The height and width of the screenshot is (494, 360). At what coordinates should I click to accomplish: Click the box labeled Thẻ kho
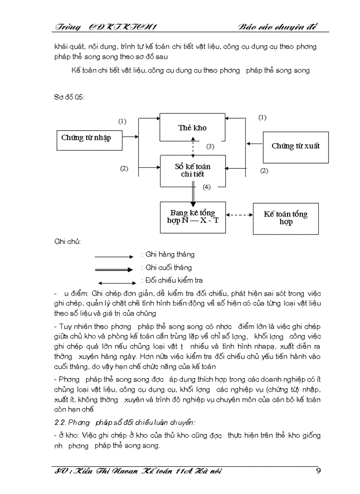(192, 127)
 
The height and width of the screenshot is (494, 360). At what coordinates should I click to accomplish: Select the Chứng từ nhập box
(86, 137)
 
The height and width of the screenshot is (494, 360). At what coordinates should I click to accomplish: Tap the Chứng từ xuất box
(295, 146)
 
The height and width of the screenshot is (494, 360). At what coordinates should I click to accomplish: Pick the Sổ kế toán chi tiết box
(192, 170)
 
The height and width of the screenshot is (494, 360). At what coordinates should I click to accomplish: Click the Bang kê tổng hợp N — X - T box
(192, 217)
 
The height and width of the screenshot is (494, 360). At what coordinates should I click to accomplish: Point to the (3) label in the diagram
(210, 147)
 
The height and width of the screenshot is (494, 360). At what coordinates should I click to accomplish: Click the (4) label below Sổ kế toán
(207, 187)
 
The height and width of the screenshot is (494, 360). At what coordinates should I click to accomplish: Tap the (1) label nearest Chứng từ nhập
(122, 122)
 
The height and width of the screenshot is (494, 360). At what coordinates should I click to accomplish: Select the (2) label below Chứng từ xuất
(264, 170)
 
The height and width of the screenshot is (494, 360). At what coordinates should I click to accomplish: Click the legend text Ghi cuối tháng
(168, 268)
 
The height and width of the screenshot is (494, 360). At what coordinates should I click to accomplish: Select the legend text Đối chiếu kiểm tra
(174, 280)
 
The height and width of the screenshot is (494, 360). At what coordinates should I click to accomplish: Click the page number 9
(318, 471)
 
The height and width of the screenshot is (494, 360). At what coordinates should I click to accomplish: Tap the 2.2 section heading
(125, 422)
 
